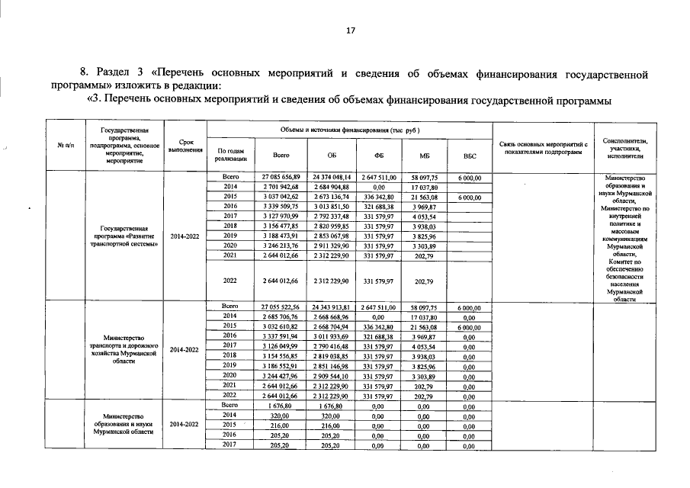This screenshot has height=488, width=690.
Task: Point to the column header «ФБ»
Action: tap(379, 156)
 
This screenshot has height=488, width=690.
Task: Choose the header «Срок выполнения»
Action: tap(185, 146)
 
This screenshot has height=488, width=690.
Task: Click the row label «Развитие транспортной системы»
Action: tap(124, 236)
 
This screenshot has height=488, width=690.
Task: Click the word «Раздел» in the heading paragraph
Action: tap(116, 74)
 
